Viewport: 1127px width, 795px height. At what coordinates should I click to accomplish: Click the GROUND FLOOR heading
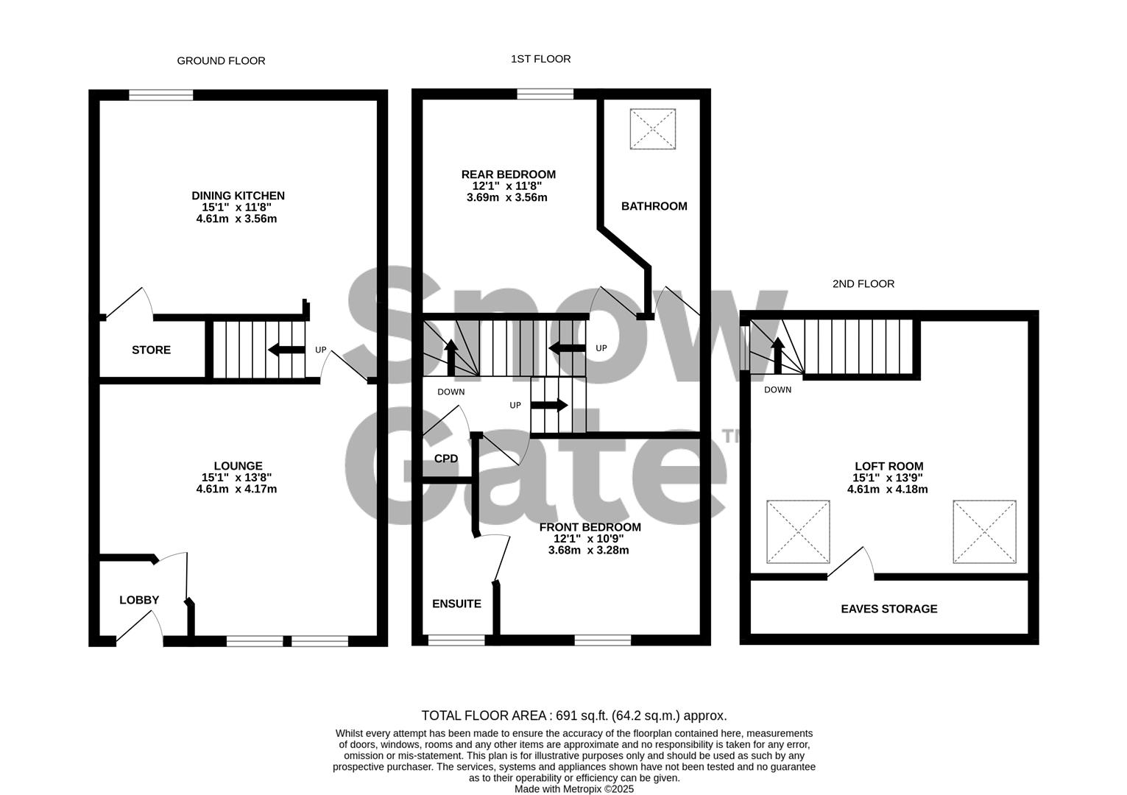tap(221, 61)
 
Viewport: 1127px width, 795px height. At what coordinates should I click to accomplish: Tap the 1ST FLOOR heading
tap(540, 59)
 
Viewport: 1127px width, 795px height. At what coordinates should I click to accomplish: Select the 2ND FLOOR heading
tap(863, 283)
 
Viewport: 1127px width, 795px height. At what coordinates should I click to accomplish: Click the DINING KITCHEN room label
tap(238, 196)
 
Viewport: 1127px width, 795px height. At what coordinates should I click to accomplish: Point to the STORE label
tap(151, 350)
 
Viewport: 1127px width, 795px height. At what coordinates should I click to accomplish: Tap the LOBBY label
tap(139, 600)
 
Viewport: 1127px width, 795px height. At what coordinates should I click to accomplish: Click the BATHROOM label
tap(654, 206)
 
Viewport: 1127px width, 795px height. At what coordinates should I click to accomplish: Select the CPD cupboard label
tap(446, 459)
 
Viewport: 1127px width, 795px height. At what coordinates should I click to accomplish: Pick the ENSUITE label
tap(456, 604)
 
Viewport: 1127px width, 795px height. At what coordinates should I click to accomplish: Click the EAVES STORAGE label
tap(888, 609)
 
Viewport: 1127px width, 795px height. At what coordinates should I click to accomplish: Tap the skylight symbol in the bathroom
tap(652, 129)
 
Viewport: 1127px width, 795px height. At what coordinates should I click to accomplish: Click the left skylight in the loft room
tap(798, 532)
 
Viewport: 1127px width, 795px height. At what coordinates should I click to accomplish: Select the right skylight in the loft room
tap(984, 532)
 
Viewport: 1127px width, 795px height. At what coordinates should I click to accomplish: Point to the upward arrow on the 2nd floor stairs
tap(777, 356)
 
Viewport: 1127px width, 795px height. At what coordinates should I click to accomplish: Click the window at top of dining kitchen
tap(161, 94)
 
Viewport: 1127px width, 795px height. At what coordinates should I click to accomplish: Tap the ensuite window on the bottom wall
tap(456, 640)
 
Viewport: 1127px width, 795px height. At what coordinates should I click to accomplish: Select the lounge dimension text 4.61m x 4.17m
tap(236, 489)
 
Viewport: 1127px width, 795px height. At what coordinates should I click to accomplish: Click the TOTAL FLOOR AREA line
tap(573, 715)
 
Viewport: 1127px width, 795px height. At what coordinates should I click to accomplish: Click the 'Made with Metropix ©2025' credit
tap(573, 789)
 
